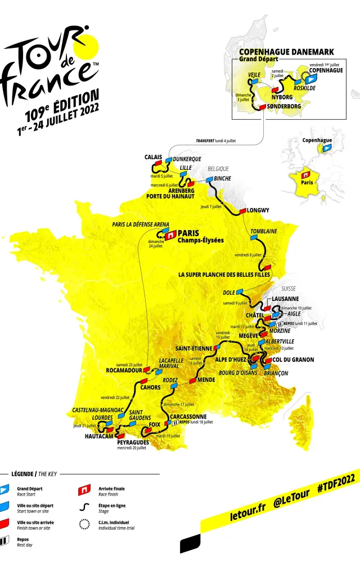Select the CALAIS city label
pos(154,157)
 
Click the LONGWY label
pos(258,210)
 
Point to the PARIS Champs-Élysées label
pos(200,236)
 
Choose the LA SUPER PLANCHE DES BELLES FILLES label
pos(224,274)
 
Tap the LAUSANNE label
pos(285,299)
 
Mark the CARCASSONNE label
pos(188,416)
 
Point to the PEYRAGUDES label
pos(133,442)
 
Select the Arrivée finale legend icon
pos(85,490)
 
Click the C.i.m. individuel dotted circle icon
pos(85,524)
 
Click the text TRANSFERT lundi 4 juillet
pos(215,141)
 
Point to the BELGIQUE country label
pos(218,168)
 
